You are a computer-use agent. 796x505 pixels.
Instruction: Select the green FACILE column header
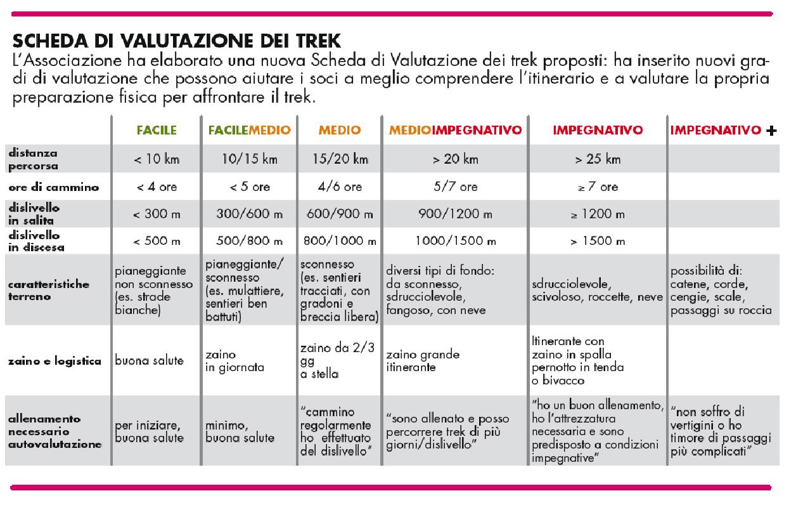(157, 131)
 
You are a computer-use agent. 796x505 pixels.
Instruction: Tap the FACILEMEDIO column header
(249, 131)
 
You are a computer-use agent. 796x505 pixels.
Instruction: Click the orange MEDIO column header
(339, 131)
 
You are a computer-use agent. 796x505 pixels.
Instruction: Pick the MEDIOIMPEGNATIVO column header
(455, 131)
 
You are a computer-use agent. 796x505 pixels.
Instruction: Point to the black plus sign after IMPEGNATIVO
(771, 131)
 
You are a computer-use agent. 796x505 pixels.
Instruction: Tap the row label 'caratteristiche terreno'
(49, 290)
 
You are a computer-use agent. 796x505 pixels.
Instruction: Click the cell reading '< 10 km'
(157, 160)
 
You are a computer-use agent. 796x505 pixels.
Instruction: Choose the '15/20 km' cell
(339, 160)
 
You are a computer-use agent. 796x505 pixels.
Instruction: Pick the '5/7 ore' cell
(455, 187)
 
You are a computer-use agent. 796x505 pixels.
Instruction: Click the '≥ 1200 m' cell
(597, 214)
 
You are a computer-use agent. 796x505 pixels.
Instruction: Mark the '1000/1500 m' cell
(455, 242)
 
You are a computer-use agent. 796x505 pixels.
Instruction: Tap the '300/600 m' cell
(249, 214)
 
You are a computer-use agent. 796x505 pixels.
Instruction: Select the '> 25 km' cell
(597, 160)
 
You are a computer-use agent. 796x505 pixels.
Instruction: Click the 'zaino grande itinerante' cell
(423, 360)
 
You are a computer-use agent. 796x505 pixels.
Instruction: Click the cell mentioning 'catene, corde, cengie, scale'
(721, 290)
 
